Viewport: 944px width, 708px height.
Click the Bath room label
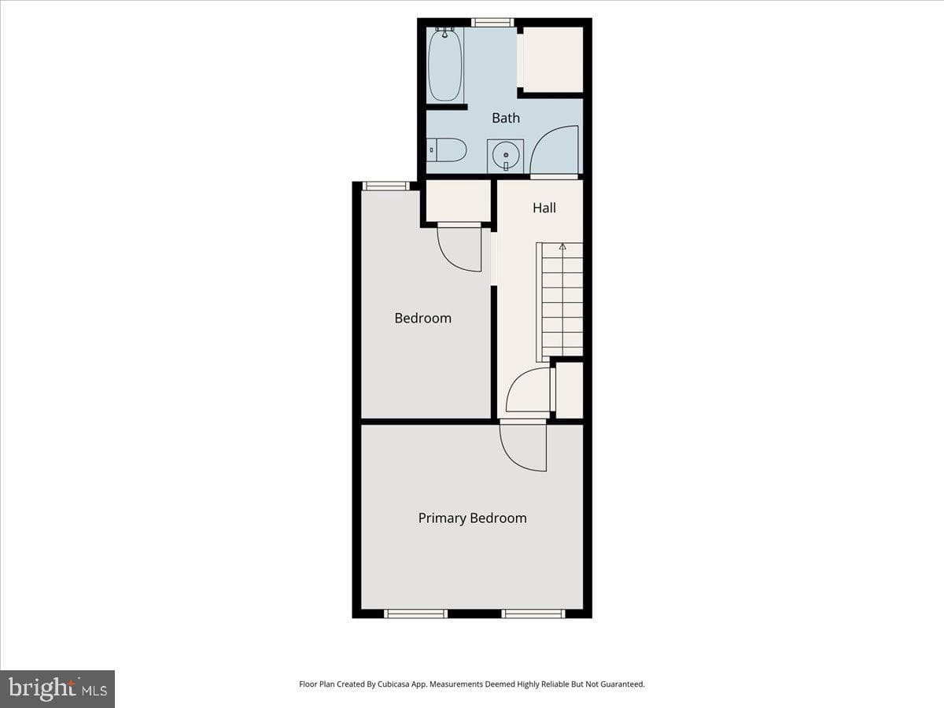[x=506, y=118]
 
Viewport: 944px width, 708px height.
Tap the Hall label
[x=544, y=208]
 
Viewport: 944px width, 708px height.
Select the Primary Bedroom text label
[x=472, y=518]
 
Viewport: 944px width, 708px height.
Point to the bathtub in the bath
[x=444, y=65]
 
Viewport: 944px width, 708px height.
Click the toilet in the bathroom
[x=447, y=150]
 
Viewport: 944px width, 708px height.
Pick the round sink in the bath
[x=506, y=156]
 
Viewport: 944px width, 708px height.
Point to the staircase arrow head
[x=562, y=247]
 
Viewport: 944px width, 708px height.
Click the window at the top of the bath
[x=492, y=22]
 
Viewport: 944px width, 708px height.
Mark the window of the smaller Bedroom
[x=385, y=186]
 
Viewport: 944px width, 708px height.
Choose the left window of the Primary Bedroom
[x=416, y=614]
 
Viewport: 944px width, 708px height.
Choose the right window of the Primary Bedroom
[x=533, y=614]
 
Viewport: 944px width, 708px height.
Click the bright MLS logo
[x=57, y=689]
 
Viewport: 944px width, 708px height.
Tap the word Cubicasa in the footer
[x=393, y=684]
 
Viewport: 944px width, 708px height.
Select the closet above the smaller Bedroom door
[x=458, y=201]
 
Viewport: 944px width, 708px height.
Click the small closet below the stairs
[x=570, y=390]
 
